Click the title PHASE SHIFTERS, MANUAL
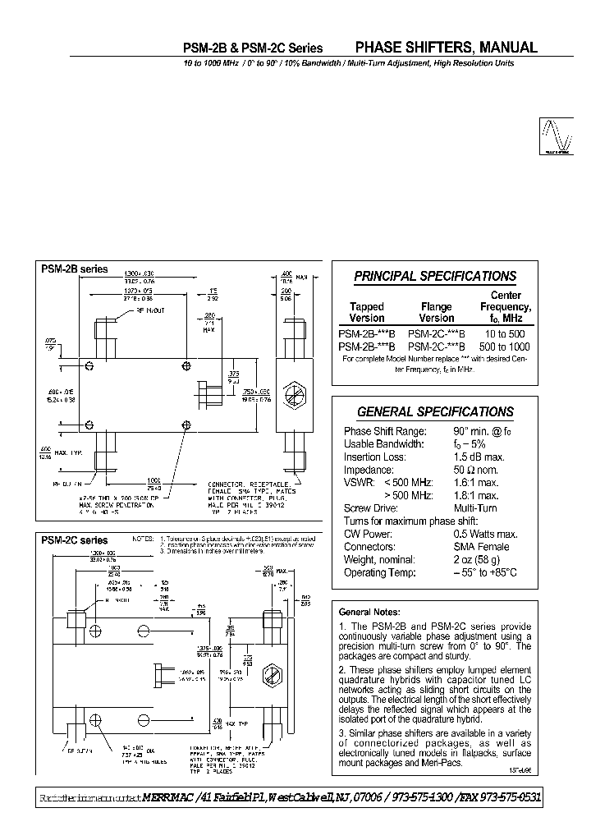tap(446, 48)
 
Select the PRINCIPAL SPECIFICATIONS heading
tap(435, 277)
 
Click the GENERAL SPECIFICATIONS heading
tap(435, 412)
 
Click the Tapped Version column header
tap(367, 312)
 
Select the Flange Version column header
tap(436, 312)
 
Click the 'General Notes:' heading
tap(369, 612)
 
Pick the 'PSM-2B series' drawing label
tap(75, 269)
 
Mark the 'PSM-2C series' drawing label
tap(75, 540)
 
